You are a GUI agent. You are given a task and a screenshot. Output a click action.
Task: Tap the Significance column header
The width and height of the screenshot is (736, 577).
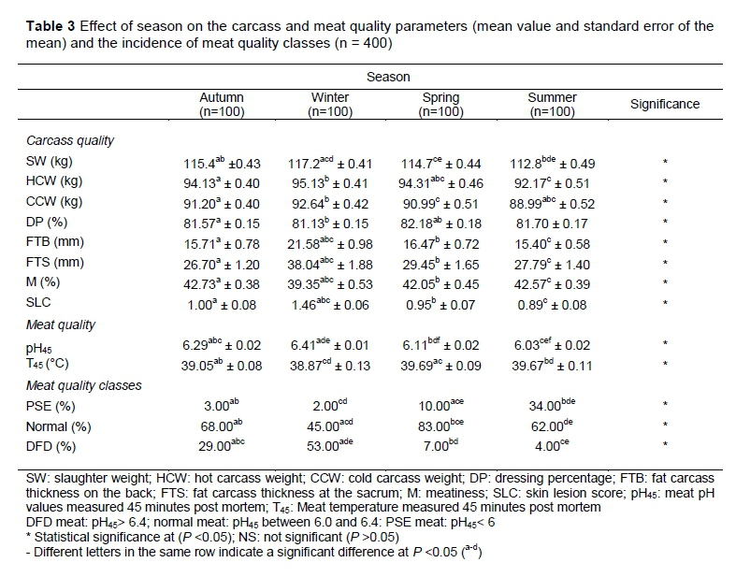pyautogui.click(x=664, y=104)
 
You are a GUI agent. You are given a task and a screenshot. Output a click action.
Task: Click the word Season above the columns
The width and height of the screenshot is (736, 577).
pyautogui.click(x=386, y=76)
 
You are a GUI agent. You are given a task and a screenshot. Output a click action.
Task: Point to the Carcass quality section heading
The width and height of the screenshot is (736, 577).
pyautogui.click(x=70, y=140)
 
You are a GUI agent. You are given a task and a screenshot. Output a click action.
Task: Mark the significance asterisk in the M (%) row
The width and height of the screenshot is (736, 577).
pyautogui.click(x=664, y=283)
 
